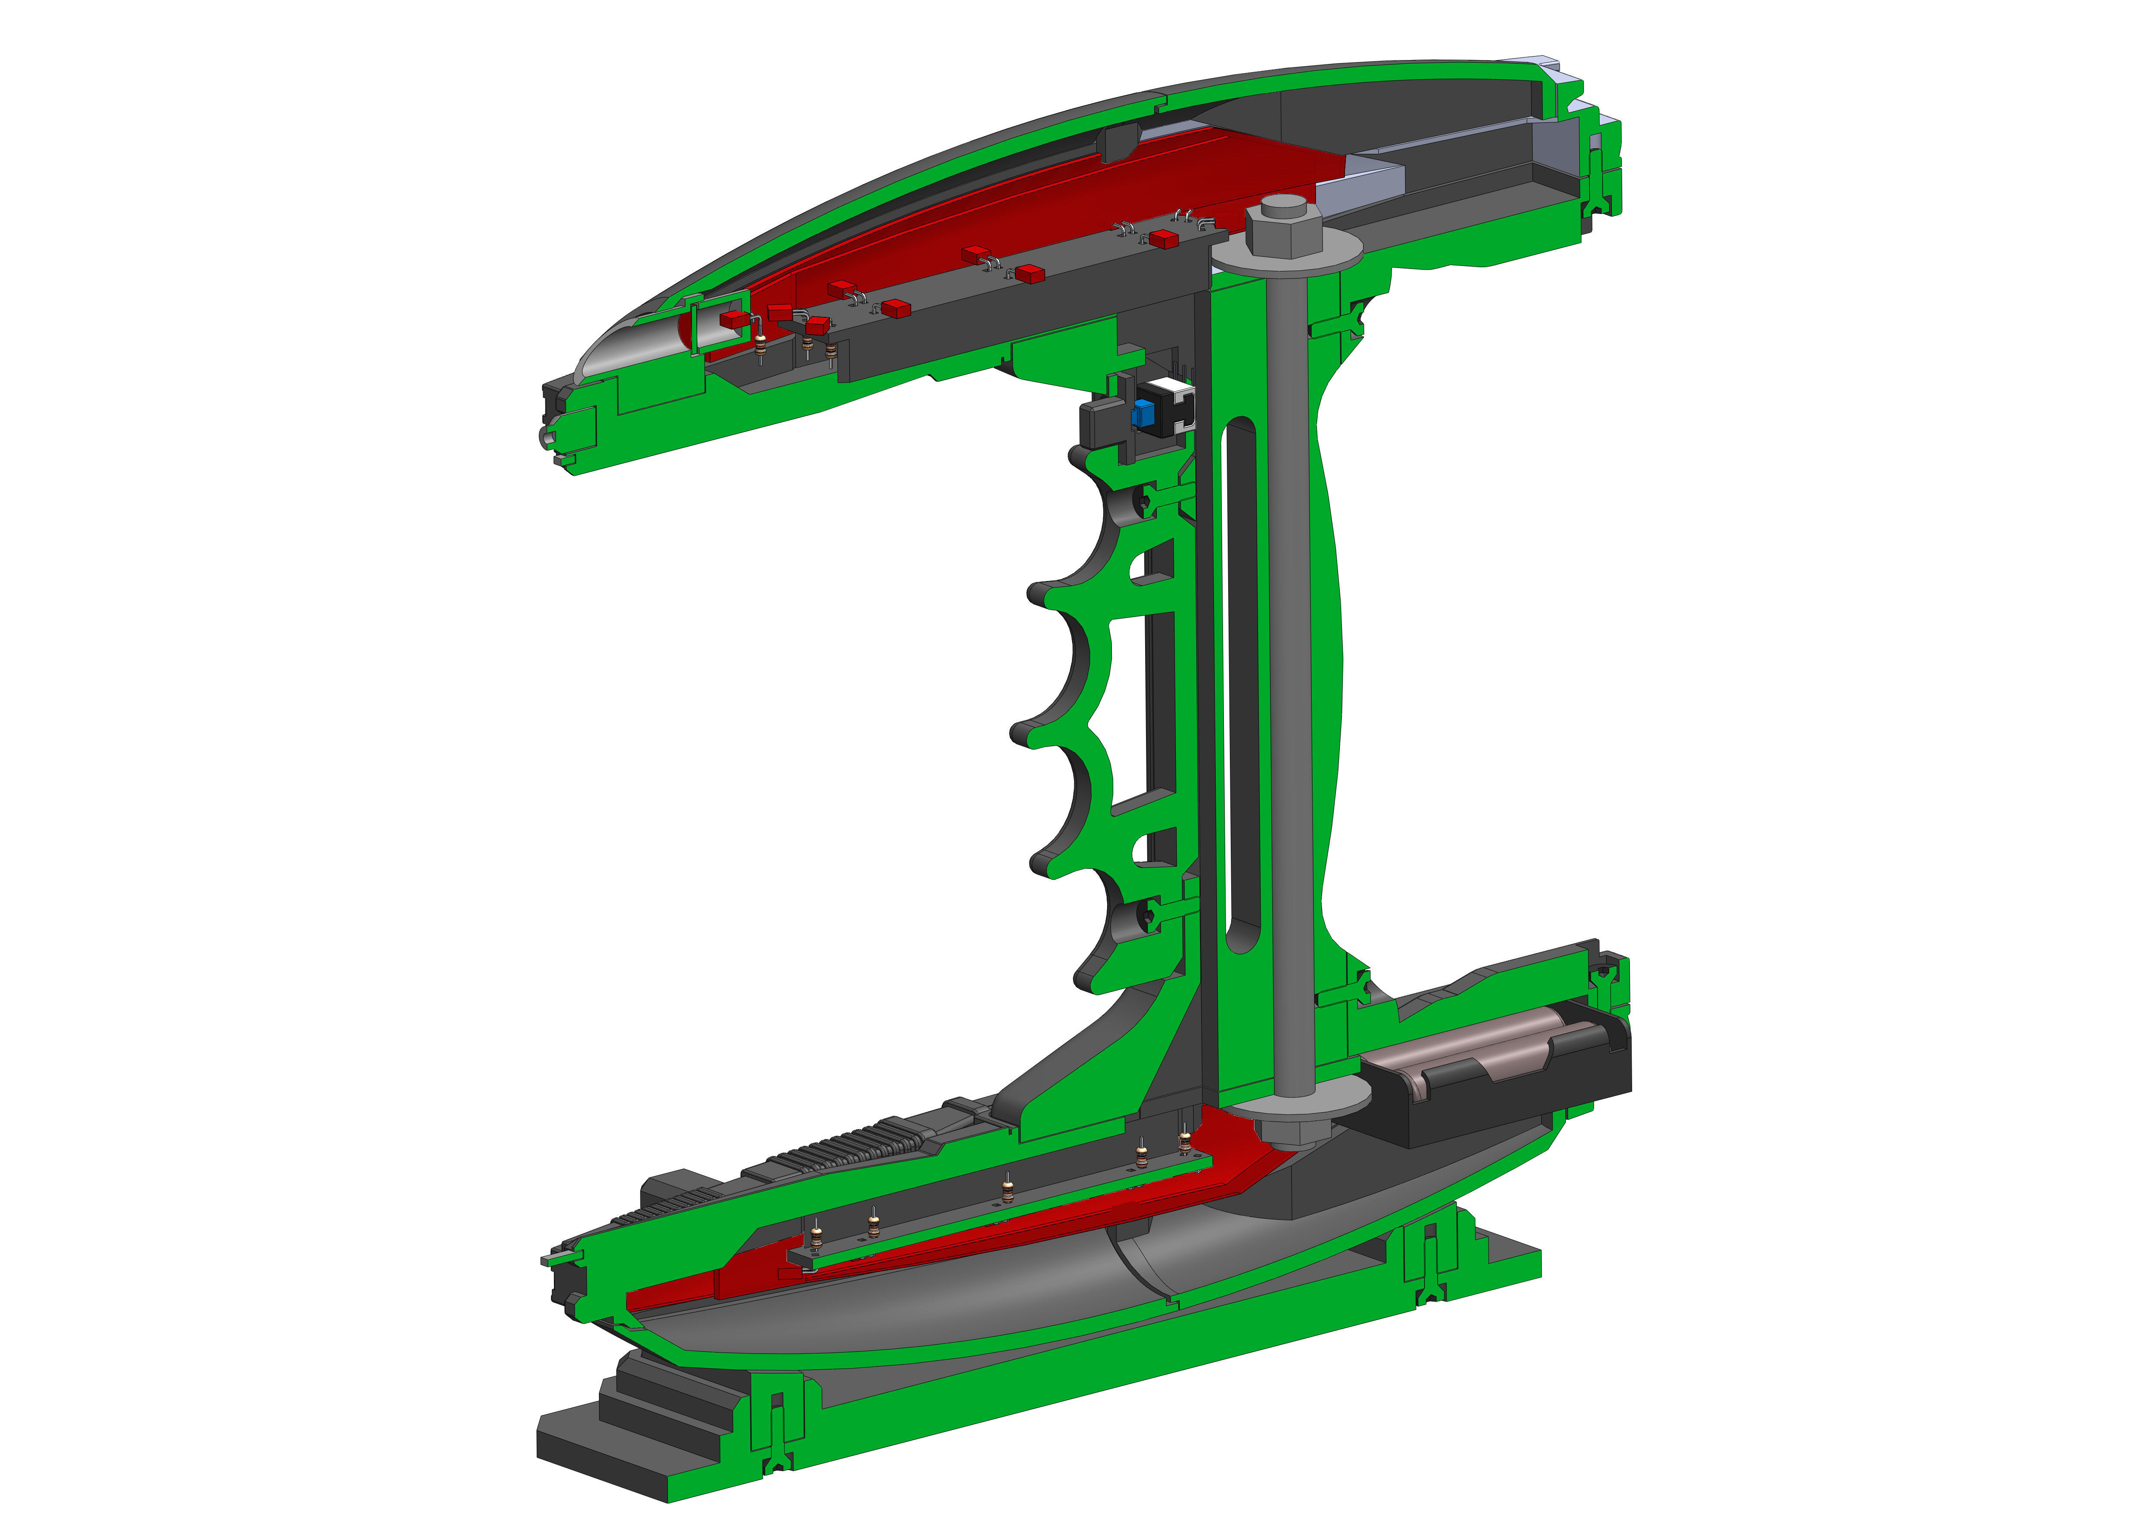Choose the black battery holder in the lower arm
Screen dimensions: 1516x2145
tap(1495, 1074)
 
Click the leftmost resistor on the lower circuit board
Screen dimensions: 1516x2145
tap(816, 1238)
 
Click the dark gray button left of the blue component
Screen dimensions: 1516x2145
tap(1098, 425)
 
